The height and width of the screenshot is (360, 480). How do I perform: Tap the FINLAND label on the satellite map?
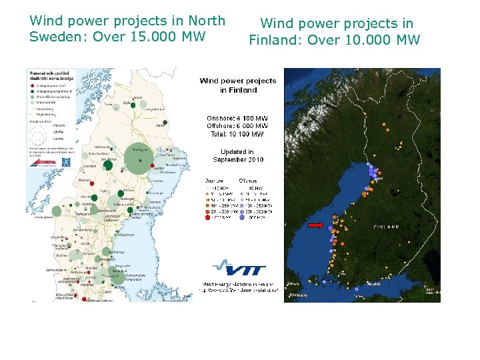[387, 227]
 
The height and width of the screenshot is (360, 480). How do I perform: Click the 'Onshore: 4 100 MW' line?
[238, 118]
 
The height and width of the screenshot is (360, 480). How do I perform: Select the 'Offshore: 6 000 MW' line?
[238, 126]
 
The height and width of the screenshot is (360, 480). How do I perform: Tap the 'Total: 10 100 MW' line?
[238, 134]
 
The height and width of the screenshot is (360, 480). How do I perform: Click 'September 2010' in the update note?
[238, 160]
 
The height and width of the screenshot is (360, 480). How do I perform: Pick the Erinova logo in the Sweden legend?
[43, 162]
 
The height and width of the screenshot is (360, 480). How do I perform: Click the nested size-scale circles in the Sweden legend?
[37, 133]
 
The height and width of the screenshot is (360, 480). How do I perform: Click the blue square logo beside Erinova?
[65, 162]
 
